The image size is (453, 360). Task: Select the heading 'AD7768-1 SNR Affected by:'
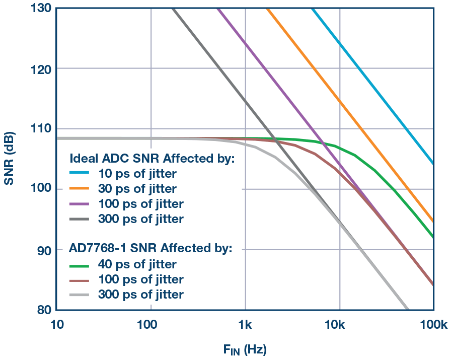(x=150, y=249)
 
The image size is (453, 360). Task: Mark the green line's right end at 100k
(x=433, y=236)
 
